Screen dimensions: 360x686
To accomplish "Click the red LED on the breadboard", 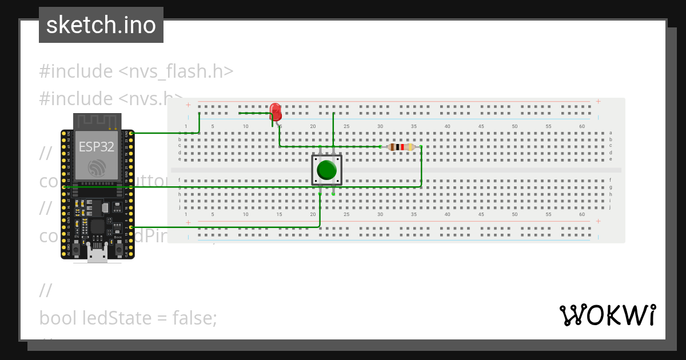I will click(275, 110).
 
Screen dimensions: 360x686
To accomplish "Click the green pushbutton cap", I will click(326, 170).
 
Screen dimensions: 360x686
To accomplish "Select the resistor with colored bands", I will click(400, 147).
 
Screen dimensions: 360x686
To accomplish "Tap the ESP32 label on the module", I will click(96, 146).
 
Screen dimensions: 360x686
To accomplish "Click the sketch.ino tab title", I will click(101, 25).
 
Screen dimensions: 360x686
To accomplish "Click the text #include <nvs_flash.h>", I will click(136, 71).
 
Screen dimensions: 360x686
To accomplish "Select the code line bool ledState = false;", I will click(128, 317).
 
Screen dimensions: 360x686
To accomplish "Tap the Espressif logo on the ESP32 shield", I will click(96, 167).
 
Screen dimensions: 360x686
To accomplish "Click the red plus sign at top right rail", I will click(598, 101).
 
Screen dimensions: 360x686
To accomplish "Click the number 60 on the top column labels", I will click(582, 126).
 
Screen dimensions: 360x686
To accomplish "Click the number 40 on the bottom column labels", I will click(447, 215).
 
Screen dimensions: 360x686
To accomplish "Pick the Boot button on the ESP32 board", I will click(119, 249).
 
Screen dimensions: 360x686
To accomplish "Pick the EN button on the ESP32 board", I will click(76, 249).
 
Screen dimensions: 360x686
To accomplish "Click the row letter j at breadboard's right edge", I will click(611, 207).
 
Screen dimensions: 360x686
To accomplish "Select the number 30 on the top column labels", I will click(380, 126).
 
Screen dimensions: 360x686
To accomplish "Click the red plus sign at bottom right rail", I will click(598, 221).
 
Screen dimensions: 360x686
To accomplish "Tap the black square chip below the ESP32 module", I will click(97, 226).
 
